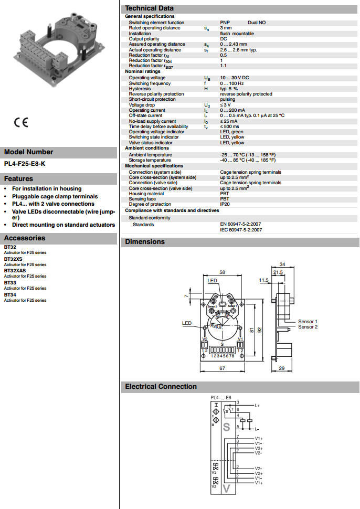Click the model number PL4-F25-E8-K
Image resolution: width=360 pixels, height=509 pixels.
click(x=25, y=164)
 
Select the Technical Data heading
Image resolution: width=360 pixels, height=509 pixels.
click(x=150, y=8)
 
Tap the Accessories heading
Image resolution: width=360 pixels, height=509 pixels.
click(x=25, y=238)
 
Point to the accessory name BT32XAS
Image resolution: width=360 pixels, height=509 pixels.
click(x=15, y=271)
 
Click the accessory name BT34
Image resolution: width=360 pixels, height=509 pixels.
click(x=10, y=294)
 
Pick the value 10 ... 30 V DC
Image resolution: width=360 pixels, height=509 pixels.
click(x=234, y=78)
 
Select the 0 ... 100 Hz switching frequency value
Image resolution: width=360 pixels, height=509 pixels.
click(x=232, y=83)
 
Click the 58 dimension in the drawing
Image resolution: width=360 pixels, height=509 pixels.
click(x=222, y=272)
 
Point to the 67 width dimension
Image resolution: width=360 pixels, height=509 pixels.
click(x=222, y=368)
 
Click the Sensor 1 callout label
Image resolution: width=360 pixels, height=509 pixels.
click(x=308, y=321)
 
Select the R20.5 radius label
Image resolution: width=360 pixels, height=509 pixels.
click(x=216, y=326)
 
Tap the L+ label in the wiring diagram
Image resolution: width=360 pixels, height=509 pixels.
click(x=257, y=406)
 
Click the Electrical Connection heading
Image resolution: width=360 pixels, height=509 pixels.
click(x=161, y=387)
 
